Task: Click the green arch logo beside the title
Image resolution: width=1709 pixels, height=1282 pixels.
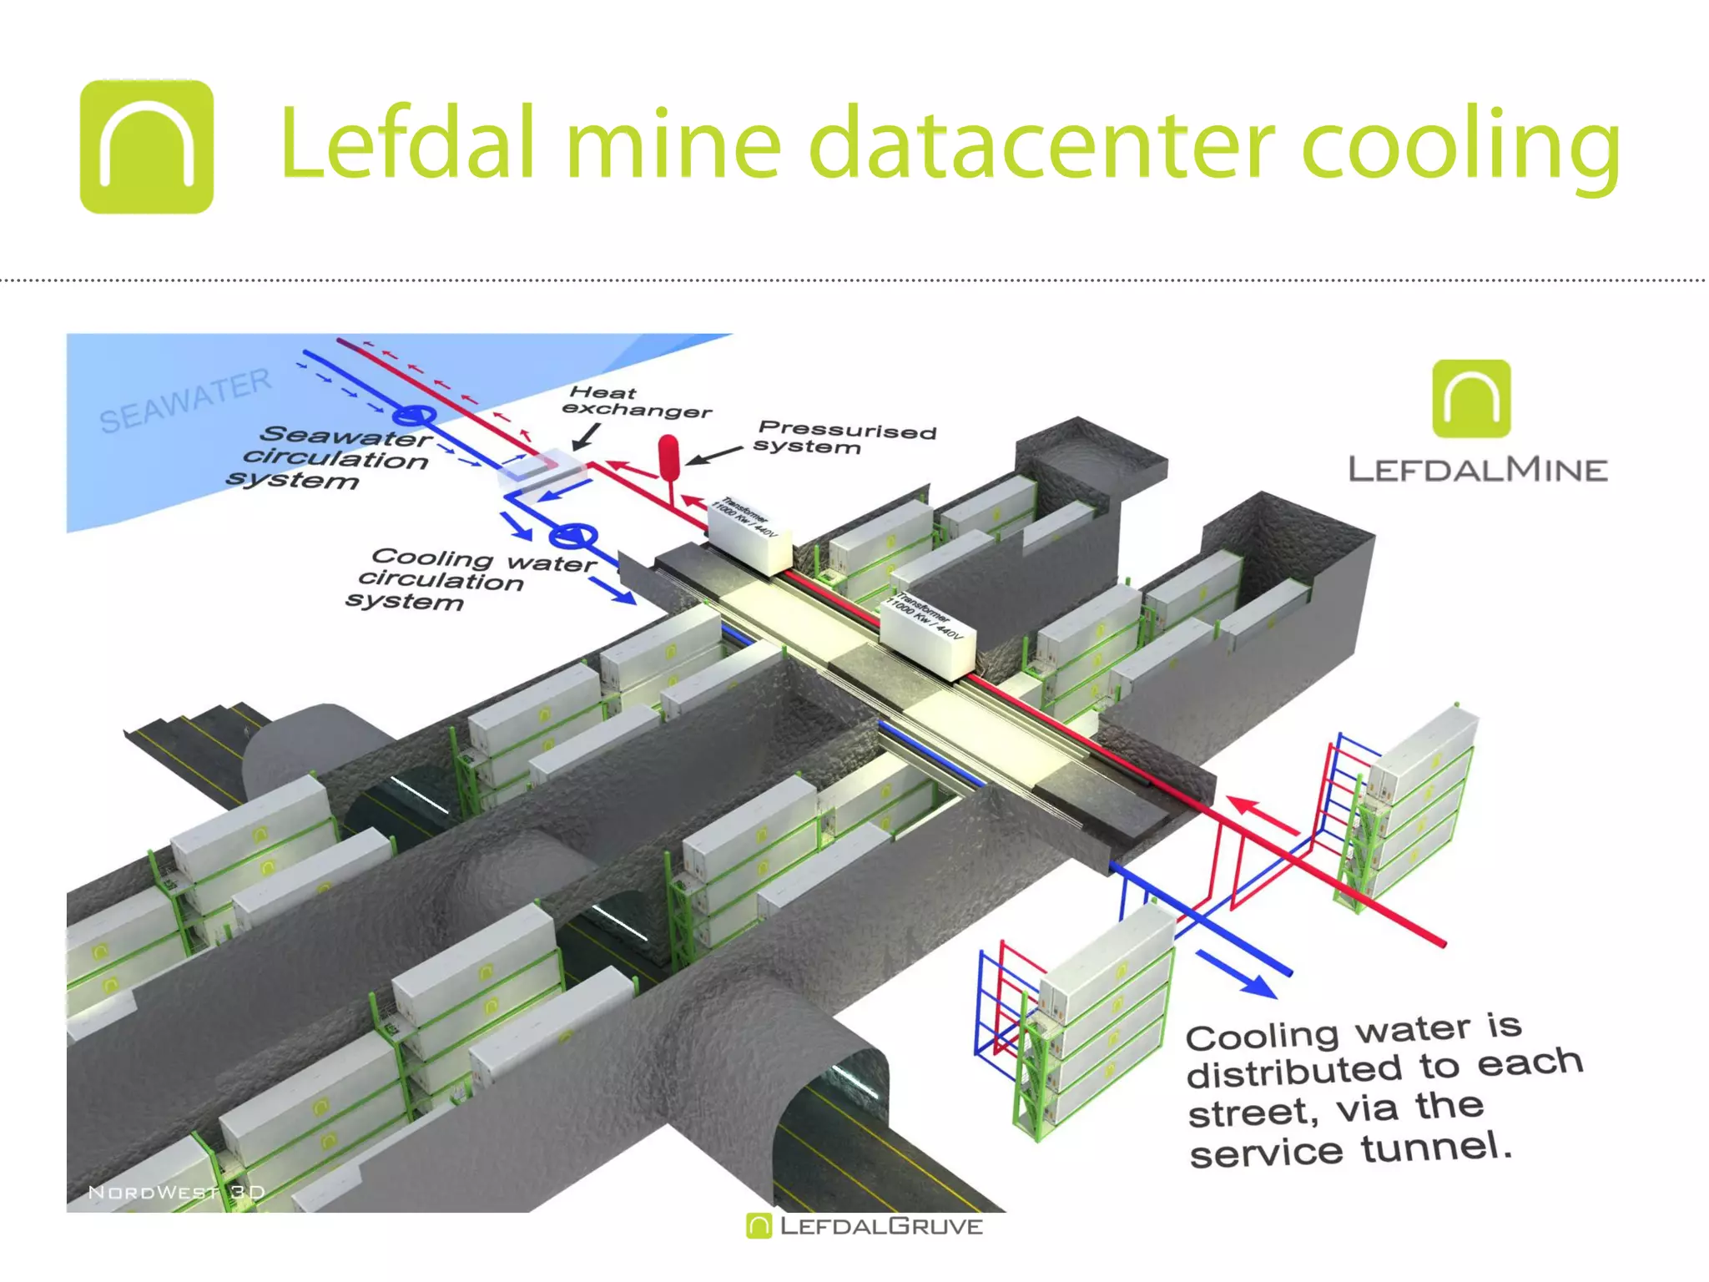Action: (x=147, y=147)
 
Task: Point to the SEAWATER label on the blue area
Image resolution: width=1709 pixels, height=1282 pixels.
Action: (x=185, y=401)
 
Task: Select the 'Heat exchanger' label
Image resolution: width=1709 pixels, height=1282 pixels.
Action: (x=636, y=401)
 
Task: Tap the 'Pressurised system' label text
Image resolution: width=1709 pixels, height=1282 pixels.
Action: (x=844, y=438)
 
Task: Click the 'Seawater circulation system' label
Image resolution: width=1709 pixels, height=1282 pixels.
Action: (x=334, y=458)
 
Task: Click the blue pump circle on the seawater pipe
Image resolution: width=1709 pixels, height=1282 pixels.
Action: (x=414, y=415)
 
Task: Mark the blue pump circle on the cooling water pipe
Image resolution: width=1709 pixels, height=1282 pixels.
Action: (x=573, y=537)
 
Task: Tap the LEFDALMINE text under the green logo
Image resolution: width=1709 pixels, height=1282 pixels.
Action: (x=1478, y=470)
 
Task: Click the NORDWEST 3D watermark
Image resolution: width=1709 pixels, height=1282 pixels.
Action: (x=176, y=1192)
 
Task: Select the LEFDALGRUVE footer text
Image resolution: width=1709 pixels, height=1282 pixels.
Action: (x=880, y=1226)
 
